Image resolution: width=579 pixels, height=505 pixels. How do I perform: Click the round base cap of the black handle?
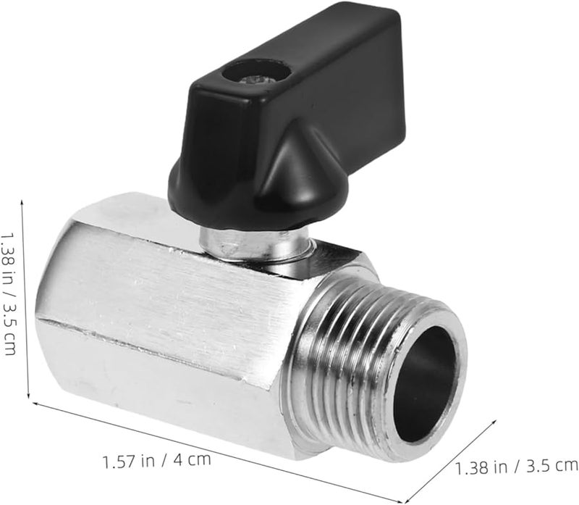pos(217,192)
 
